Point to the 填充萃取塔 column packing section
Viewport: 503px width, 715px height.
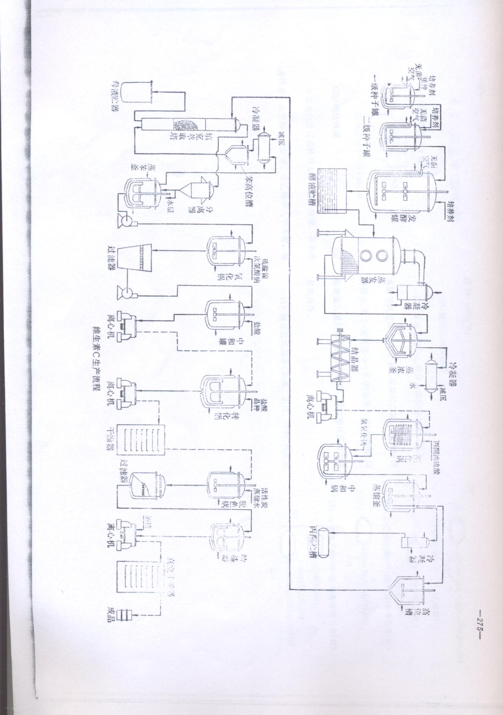185,125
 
